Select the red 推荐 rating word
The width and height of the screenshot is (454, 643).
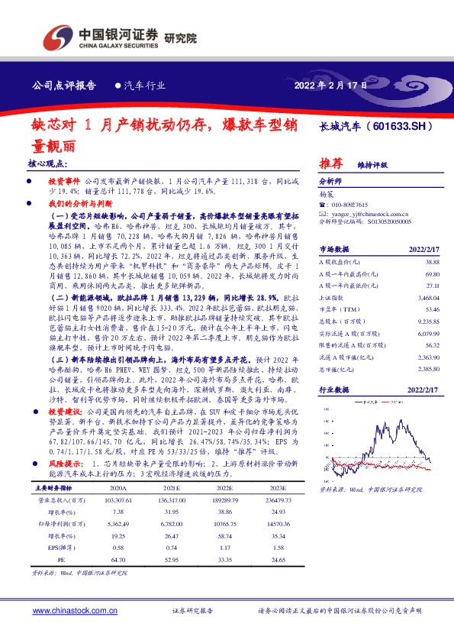(330, 163)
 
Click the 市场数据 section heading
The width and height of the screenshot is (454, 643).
(333, 249)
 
